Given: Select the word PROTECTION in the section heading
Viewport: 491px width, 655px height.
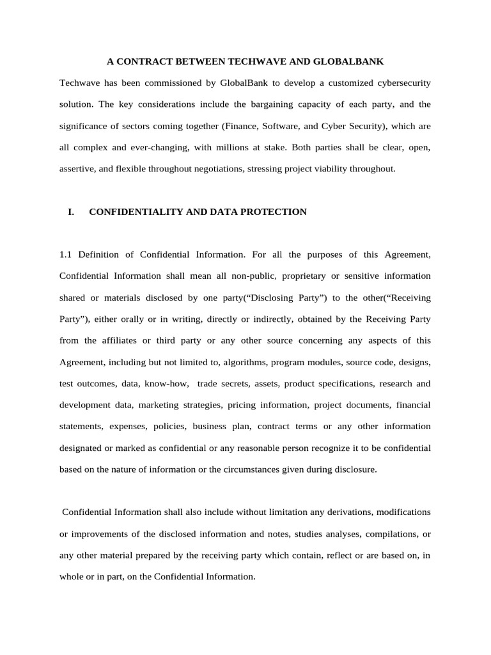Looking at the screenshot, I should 270,212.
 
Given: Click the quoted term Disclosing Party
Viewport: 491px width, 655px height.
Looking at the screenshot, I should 279,297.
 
